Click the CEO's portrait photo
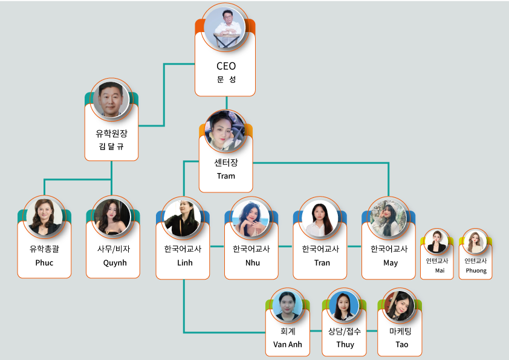pyautogui.click(x=225, y=27)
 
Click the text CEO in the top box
pyautogui.click(x=225, y=66)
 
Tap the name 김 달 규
pyautogui.click(x=111, y=146)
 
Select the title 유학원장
pyautogui.click(x=111, y=133)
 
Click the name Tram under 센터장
pyautogui.click(x=225, y=176)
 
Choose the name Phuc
pyautogui.click(x=44, y=263)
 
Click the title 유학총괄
pyautogui.click(x=44, y=248)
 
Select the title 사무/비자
pyautogui.click(x=113, y=248)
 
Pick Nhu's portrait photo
pyautogui.click(x=251, y=217)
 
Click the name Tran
pyautogui.click(x=322, y=263)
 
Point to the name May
pyautogui.click(x=391, y=263)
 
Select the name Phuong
pyautogui.click(x=476, y=270)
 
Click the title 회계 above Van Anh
pyautogui.click(x=287, y=331)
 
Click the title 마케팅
pyautogui.click(x=401, y=331)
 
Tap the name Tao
pyautogui.click(x=401, y=344)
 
